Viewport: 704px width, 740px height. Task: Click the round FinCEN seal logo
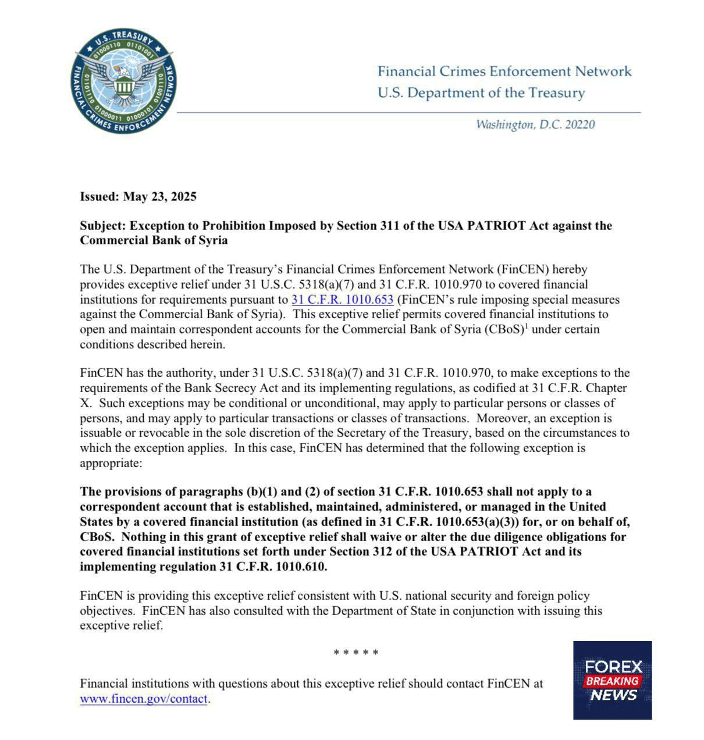click(124, 82)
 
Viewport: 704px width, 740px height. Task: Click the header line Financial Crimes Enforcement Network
click(504, 72)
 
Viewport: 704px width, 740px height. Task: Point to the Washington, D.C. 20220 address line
click(535, 124)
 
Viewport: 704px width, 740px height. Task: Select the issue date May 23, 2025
click(159, 197)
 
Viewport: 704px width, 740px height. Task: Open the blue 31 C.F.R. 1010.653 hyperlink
click(342, 300)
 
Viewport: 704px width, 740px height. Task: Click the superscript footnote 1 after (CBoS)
click(526, 326)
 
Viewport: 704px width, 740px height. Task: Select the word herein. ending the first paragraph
click(205, 344)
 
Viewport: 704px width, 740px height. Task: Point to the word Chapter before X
click(607, 388)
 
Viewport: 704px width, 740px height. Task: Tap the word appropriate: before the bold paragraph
click(111, 464)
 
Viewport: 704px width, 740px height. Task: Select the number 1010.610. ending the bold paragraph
click(301, 567)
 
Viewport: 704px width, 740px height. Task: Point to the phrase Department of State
click(378, 611)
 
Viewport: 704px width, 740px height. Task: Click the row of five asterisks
click(356, 653)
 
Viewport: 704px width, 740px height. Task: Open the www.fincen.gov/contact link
click(144, 699)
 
